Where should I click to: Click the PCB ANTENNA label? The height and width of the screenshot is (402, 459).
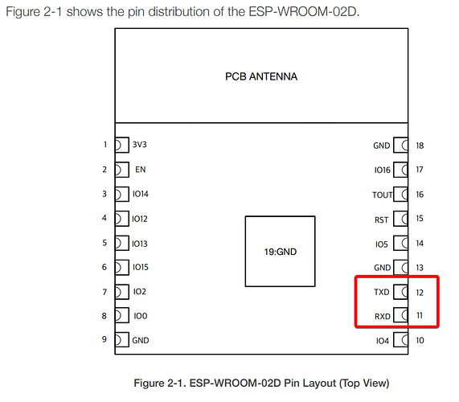(x=261, y=76)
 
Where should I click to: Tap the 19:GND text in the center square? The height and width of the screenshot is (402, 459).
(x=280, y=252)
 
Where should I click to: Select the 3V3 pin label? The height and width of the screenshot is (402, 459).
(x=139, y=145)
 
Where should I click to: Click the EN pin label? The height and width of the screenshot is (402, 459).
(x=140, y=170)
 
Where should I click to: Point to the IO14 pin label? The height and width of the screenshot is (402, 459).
(x=141, y=194)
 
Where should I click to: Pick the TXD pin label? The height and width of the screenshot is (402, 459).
(x=381, y=292)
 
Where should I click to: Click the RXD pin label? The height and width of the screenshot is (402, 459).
(x=383, y=317)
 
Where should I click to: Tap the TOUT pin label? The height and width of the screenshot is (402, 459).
(x=382, y=195)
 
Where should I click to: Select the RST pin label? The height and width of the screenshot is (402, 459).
(x=381, y=219)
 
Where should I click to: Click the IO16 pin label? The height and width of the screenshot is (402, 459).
(x=383, y=170)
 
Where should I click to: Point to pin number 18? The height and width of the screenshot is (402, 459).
(x=420, y=146)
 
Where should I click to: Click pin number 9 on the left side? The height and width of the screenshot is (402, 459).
(x=105, y=339)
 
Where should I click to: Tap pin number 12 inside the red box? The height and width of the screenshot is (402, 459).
(x=420, y=293)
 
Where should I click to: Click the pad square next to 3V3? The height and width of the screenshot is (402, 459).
(x=121, y=145)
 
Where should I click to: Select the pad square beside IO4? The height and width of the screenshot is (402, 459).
(x=401, y=340)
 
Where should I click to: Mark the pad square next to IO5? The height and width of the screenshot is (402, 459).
(x=401, y=244)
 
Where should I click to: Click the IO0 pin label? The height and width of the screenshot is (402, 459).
(x=141, y=316)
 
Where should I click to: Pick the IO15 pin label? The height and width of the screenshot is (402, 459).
(x=141, y=267)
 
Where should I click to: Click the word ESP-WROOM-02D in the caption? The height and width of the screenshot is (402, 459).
(x=235, y=383)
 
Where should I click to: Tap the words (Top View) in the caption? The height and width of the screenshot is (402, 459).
(x=364, y=384)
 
